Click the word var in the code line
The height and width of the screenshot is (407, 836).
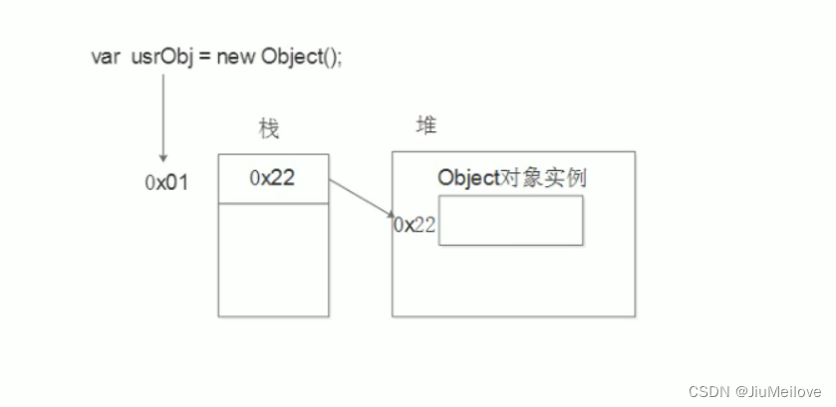(x=104, y=57)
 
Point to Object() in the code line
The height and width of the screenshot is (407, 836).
(x=297, y=57)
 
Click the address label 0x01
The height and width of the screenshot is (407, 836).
(x=165, y=184)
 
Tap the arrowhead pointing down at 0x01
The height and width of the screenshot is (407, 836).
(x=162, y=156)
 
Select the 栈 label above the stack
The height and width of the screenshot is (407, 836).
(x=268, y=128)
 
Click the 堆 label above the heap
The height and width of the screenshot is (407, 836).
(x=425, y=125)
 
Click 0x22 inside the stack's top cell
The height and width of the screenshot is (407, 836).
(x=272, y=178)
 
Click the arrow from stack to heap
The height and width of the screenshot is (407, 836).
(x=362, y=198)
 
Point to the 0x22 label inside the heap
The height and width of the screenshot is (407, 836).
(x=415, y=225)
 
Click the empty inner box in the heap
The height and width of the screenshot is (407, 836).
(x=510, y=220)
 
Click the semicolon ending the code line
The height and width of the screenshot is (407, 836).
(x=340, y=57)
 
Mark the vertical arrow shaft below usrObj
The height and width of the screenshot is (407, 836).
(x=162, y=114)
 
